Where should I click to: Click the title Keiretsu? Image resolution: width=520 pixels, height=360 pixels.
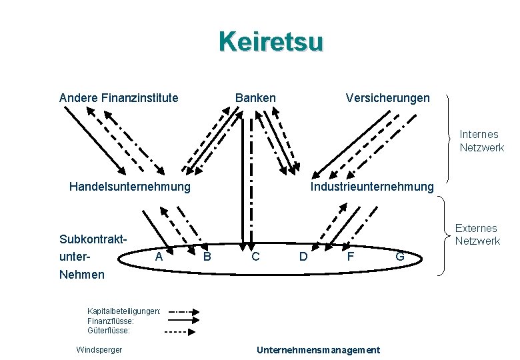pos(271,42)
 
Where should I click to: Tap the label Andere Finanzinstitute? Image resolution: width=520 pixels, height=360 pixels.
pos(119,98)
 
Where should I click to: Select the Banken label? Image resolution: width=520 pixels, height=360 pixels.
pos(255,98)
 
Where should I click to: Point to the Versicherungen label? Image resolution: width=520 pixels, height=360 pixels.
pos(387,98)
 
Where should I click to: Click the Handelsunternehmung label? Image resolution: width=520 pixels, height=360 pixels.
pos(129,187)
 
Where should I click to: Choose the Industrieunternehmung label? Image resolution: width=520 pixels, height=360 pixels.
pos(372,187)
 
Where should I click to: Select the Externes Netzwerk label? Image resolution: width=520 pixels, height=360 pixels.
pos(477,235)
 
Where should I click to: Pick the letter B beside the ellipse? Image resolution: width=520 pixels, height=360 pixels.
pos(207,256)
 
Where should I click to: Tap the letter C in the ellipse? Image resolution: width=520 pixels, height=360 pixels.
pos(255,256)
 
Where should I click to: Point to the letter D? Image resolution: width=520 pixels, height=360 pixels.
pos(303,256)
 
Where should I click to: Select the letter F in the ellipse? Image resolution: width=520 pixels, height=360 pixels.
pos(349,255)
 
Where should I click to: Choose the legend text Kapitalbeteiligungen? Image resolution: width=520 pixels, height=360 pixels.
pos(123,311)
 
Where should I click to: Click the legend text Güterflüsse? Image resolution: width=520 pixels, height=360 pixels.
pos(109,330)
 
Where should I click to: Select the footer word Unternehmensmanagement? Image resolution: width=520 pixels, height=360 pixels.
pos(318,350)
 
